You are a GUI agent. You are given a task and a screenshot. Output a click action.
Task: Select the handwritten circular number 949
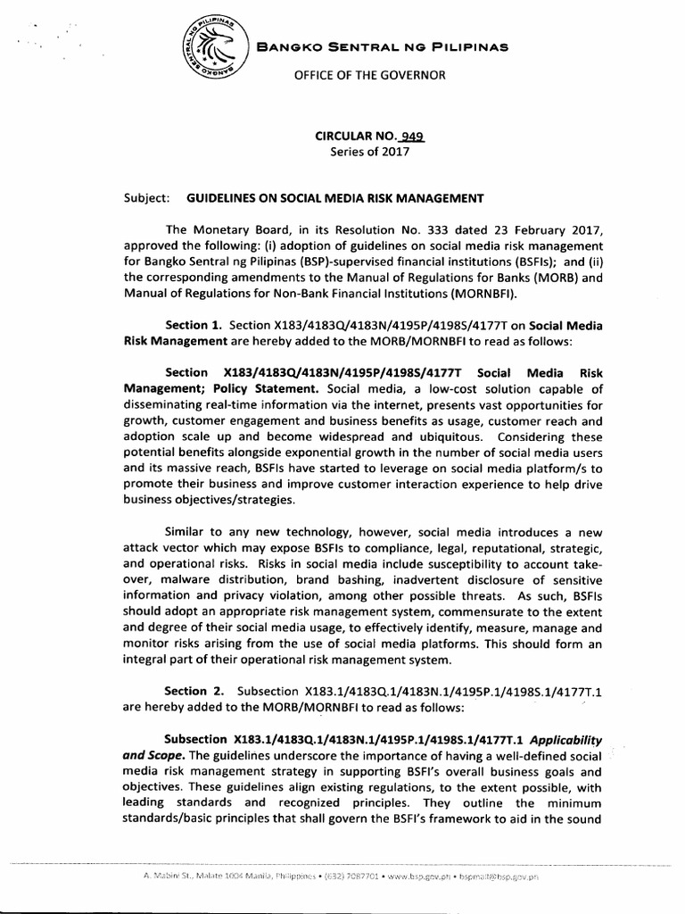(x=412, y=137)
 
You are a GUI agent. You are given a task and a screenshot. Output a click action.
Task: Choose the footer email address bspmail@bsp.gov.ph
(x=496, y=877)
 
